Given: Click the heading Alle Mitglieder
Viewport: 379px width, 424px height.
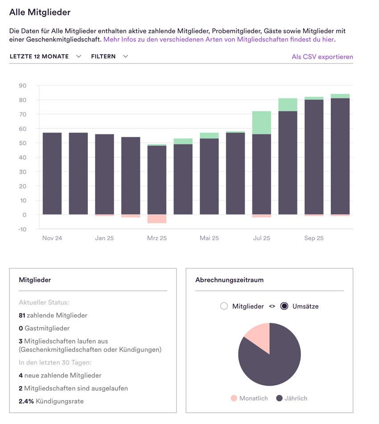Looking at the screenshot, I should point(40,12).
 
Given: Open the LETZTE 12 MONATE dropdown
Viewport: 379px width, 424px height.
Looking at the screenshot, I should point(45,57).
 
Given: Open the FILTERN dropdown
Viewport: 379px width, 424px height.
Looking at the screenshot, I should point(109,57).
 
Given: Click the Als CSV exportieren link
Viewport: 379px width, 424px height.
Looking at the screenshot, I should point(322,57).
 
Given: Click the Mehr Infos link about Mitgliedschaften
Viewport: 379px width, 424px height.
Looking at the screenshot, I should point(219,39).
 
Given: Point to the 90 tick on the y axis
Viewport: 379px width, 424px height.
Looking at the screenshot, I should point(22,86).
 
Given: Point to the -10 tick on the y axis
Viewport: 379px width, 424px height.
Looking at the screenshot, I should point(21,229).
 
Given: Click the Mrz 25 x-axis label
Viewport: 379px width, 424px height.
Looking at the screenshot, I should point(157,238).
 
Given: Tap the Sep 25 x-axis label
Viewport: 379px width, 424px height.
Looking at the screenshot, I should point(313,238).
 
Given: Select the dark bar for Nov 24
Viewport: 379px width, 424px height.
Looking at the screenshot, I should point(52,174).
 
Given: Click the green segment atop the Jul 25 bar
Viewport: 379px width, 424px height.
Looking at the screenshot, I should point(262,123).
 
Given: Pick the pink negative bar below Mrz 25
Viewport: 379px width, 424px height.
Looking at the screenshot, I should point(157,219).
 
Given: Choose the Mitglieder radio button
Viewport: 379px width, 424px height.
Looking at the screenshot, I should point(224,306).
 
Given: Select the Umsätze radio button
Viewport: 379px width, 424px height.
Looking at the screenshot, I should point(284,306).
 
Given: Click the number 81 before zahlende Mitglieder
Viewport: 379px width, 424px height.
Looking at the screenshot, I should point(22,315).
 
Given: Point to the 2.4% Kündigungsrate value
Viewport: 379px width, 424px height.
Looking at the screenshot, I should point(26,401).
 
